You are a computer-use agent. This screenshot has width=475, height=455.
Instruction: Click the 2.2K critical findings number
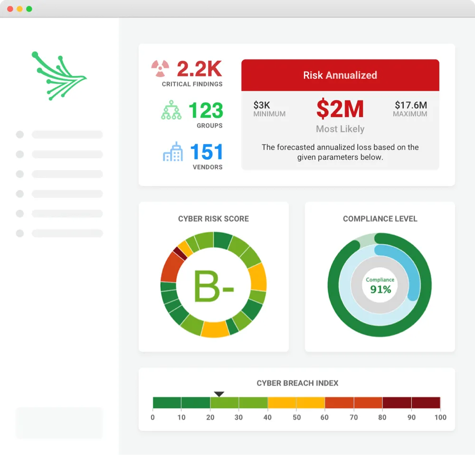click(199, 69)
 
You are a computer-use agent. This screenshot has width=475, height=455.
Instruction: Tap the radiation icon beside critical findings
click(161, 69)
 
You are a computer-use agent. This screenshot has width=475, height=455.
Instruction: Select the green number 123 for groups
click(206, 111)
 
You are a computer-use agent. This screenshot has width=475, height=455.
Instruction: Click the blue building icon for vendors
click(173, 152)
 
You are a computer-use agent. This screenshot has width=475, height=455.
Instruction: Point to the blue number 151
click(207, 152)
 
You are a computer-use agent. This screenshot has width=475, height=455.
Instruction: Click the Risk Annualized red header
click(340, 75)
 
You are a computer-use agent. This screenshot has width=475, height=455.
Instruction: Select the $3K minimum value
click(262, 105)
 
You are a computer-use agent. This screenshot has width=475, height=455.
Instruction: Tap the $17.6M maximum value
click(410, 105)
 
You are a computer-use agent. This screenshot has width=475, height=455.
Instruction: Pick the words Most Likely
click(340, 129)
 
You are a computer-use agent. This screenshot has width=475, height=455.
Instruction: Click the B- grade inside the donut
click(213, 286)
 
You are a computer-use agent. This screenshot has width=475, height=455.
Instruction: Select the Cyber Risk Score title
click(213, 219)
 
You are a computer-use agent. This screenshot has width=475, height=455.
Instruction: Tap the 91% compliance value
click(380, 289)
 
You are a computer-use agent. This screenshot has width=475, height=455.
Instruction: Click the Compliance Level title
click(380, 219)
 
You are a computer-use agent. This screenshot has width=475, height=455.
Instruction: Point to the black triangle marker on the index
click(219, 394)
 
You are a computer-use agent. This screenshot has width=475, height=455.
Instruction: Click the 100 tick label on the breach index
click(440, 418)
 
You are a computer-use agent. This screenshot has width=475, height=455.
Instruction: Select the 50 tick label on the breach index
click(296, 418)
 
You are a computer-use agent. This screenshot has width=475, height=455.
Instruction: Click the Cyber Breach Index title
click(297, 383)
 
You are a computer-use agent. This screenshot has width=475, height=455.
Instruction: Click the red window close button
click(10, 9)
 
